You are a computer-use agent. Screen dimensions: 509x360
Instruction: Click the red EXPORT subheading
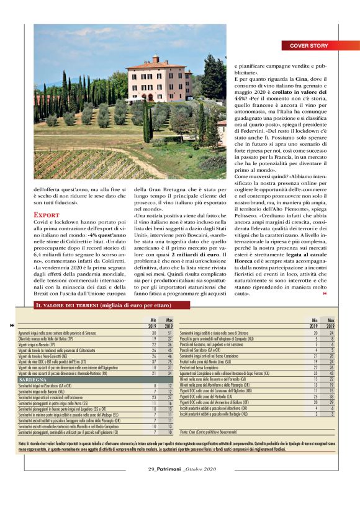tap(47, 215)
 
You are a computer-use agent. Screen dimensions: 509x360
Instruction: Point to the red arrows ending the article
tap(325, 294)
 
